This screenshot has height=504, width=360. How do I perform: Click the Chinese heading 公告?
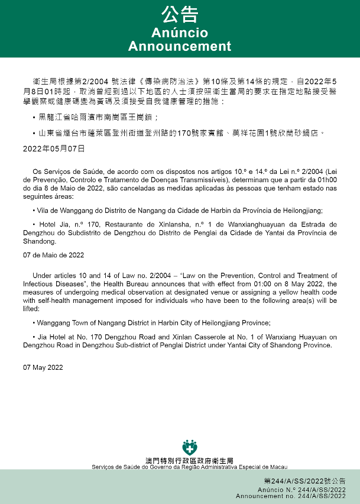pyautogui.click(x=180, y=14)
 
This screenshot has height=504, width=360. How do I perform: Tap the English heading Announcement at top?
pyautogui.click(x=180, y=46)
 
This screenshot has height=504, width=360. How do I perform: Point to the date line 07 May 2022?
pyautogui.click(x=43, y=367)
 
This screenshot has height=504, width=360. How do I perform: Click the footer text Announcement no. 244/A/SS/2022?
pyautogui.click(x=291, y=496)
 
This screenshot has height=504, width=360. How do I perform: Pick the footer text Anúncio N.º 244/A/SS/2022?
pyautogui.click(x=301, y=490)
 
